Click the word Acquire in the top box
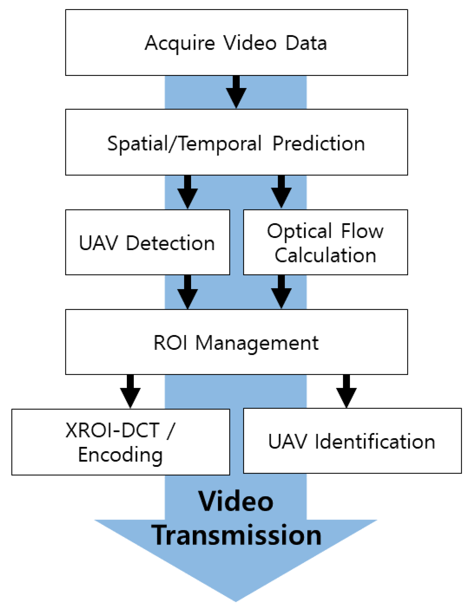pos(179,43)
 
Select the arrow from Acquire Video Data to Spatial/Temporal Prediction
pos(236,92)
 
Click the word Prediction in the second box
pos(318,144)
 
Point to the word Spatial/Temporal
pos(184,144)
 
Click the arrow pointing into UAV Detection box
pos(187,192)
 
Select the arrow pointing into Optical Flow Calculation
pos(281,192)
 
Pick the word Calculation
pos(325,255)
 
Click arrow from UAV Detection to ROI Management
pos(187,292)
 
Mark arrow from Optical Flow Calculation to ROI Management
pos(281,292)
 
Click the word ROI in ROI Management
pos(170,343)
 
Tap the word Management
pos(257,343)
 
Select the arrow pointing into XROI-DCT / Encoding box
pos(130,391)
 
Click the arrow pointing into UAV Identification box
pos(346,391)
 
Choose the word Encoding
pos(120,455)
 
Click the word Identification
pos(374,442)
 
